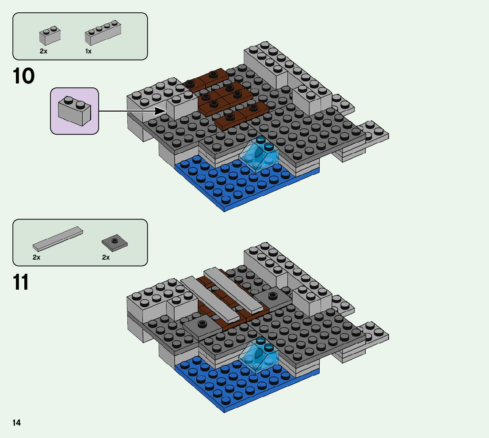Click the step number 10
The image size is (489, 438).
24,76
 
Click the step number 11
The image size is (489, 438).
21,283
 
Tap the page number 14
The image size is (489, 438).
16,423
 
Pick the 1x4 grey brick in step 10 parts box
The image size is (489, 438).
103,33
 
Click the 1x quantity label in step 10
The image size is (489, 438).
88,52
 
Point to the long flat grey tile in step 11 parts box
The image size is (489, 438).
58,238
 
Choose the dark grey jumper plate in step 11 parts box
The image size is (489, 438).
115,242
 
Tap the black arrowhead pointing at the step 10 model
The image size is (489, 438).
161,111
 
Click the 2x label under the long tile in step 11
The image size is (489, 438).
36,257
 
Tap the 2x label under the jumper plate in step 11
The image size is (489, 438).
106,257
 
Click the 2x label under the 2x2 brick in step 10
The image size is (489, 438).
43,52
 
